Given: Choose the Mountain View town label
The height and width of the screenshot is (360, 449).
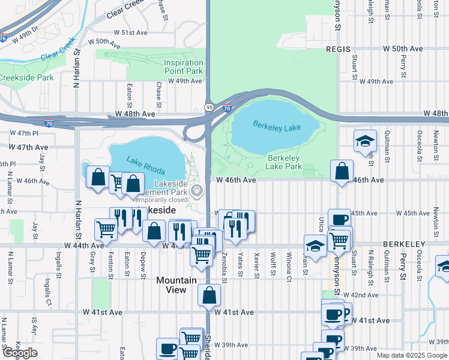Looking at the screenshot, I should point(176,285).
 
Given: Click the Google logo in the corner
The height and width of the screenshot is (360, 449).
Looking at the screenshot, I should point(20,353).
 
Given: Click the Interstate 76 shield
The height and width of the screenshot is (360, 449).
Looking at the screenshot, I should point(3,38).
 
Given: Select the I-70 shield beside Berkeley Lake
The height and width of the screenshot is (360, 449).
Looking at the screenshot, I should point(227,109).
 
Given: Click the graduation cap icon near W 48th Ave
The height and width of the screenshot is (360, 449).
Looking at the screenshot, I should point(365,142).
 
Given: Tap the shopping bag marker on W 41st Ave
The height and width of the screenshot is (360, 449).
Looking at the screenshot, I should point(209,295).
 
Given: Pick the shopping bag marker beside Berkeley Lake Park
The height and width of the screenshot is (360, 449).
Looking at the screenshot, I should point(342,171).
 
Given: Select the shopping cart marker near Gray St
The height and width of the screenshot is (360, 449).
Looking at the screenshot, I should point(106,229).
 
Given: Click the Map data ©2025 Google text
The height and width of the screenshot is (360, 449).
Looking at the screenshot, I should point(411,355).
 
